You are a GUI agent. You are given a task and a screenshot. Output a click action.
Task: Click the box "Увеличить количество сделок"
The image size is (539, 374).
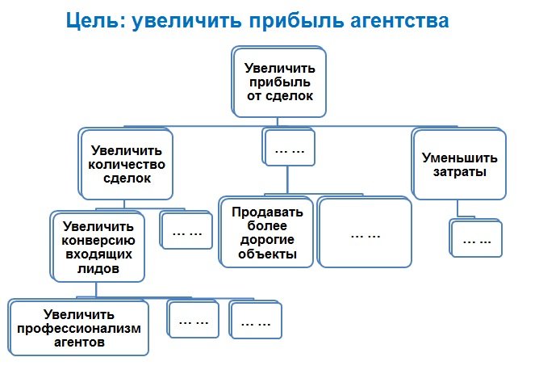tap(127, 165)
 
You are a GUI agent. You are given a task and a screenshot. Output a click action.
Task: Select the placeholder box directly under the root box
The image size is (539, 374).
tap(288, 148)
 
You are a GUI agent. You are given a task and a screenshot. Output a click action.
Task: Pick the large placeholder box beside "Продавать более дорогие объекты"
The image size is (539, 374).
tap(366, 233)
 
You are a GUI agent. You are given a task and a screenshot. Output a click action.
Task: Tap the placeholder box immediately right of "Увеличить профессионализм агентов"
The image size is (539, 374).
tap(193, 321)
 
